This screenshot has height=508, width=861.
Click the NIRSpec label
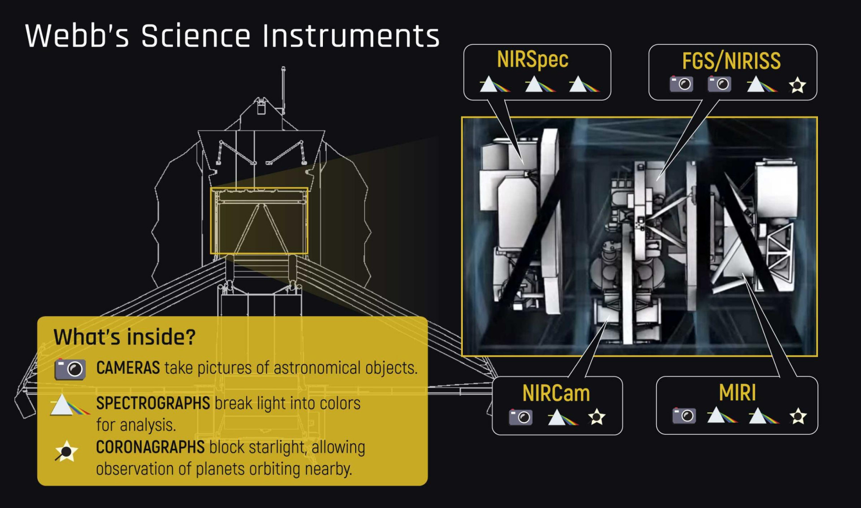(532, 60)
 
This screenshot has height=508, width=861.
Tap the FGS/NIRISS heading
(731, 61)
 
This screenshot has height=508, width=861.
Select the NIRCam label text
(556, 394)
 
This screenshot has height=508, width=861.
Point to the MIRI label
(737, 393)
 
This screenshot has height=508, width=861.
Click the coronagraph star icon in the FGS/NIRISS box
(797, 85)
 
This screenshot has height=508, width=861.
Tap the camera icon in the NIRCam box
(521, 417)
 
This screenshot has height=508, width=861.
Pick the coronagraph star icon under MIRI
(798, 416)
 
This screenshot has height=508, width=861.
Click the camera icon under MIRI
(684, 416)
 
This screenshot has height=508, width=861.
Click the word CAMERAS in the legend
(128, 368)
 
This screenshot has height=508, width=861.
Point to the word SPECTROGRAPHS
(153, 403)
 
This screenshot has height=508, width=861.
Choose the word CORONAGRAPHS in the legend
(150, 447)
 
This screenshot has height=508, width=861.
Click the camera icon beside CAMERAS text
(70, 369)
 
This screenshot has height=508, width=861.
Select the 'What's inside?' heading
(124, 337)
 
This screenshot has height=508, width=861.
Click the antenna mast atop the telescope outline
(283, 88)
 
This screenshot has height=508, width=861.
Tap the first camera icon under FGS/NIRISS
(681, 84)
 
